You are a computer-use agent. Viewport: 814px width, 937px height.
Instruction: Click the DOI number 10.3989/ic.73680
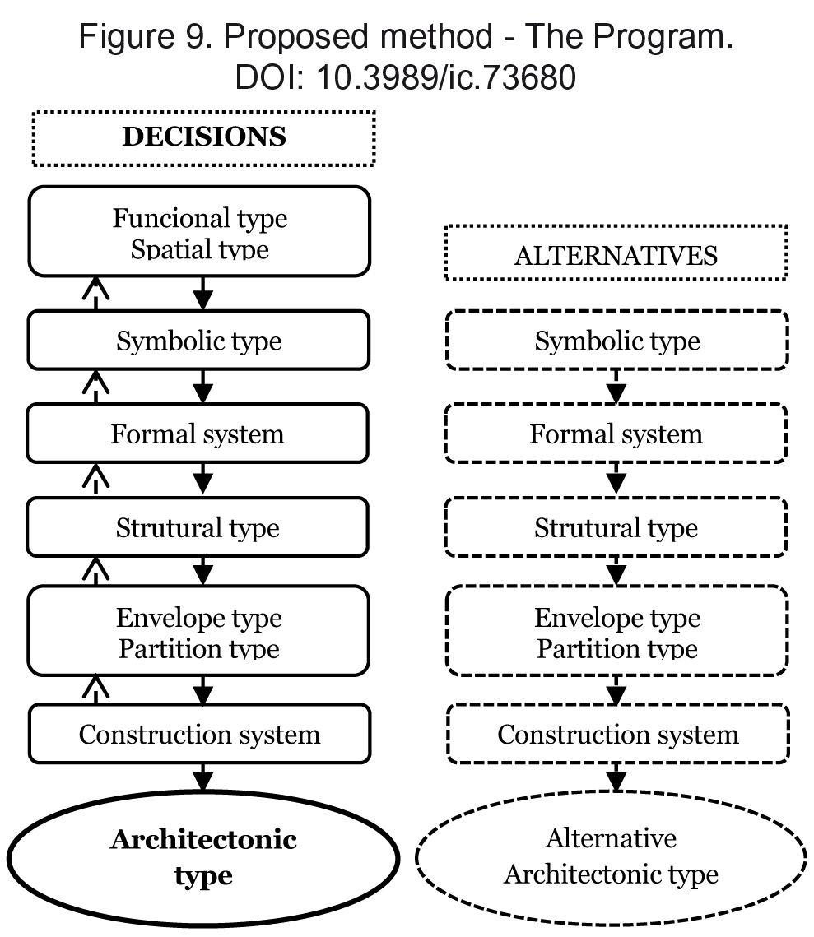(x=446, y=77)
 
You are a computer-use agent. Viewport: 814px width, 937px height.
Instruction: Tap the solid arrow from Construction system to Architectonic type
(x=203, y=777)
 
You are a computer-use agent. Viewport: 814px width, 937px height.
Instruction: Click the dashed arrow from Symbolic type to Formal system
(x=616, y=387)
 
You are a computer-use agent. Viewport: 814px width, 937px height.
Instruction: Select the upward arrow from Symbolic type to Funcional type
(x=95, y=293)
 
